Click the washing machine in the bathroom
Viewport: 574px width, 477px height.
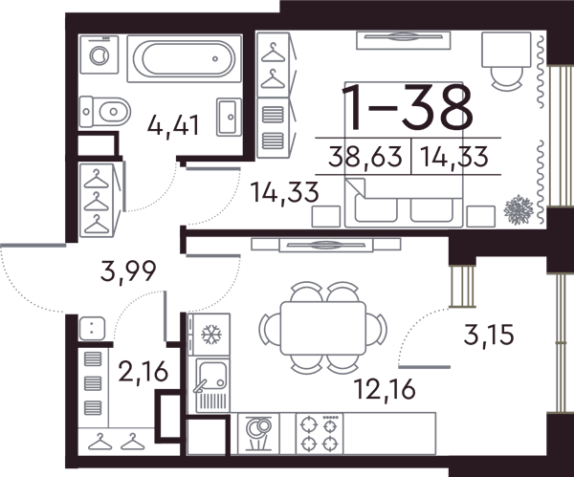click(x=99, y=54)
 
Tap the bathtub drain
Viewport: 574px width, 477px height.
click(x=215, y=58)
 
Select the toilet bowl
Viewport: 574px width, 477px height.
click(x=105, y=111)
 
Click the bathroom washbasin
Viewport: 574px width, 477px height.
click(x=229, y=117)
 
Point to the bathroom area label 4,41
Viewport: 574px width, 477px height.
click(x=173, y=126)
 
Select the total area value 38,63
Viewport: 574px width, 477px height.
click(x=365, y=156)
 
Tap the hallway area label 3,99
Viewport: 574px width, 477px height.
click(x=128, y=271)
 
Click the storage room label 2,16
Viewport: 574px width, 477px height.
click(x=143, y=371)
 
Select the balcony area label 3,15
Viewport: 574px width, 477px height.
click(x=489, y=335)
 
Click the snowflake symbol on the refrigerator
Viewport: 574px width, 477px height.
click(x=211, y=335)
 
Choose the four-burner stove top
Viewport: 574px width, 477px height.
click(x=320, y=434)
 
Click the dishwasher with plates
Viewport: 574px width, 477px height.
click(x=258, y=434)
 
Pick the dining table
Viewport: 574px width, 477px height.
click(x=323, y=328)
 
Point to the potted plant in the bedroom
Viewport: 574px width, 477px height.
click(x=518, y=210)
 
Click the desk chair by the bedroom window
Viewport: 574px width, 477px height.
click(x=506, y=78)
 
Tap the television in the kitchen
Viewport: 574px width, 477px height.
click(x=326, y=245)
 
